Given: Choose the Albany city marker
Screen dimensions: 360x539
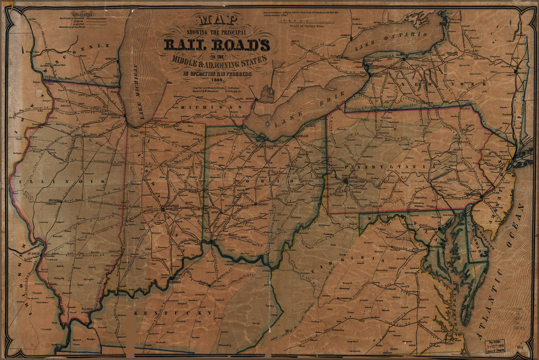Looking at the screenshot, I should point(515,68).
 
